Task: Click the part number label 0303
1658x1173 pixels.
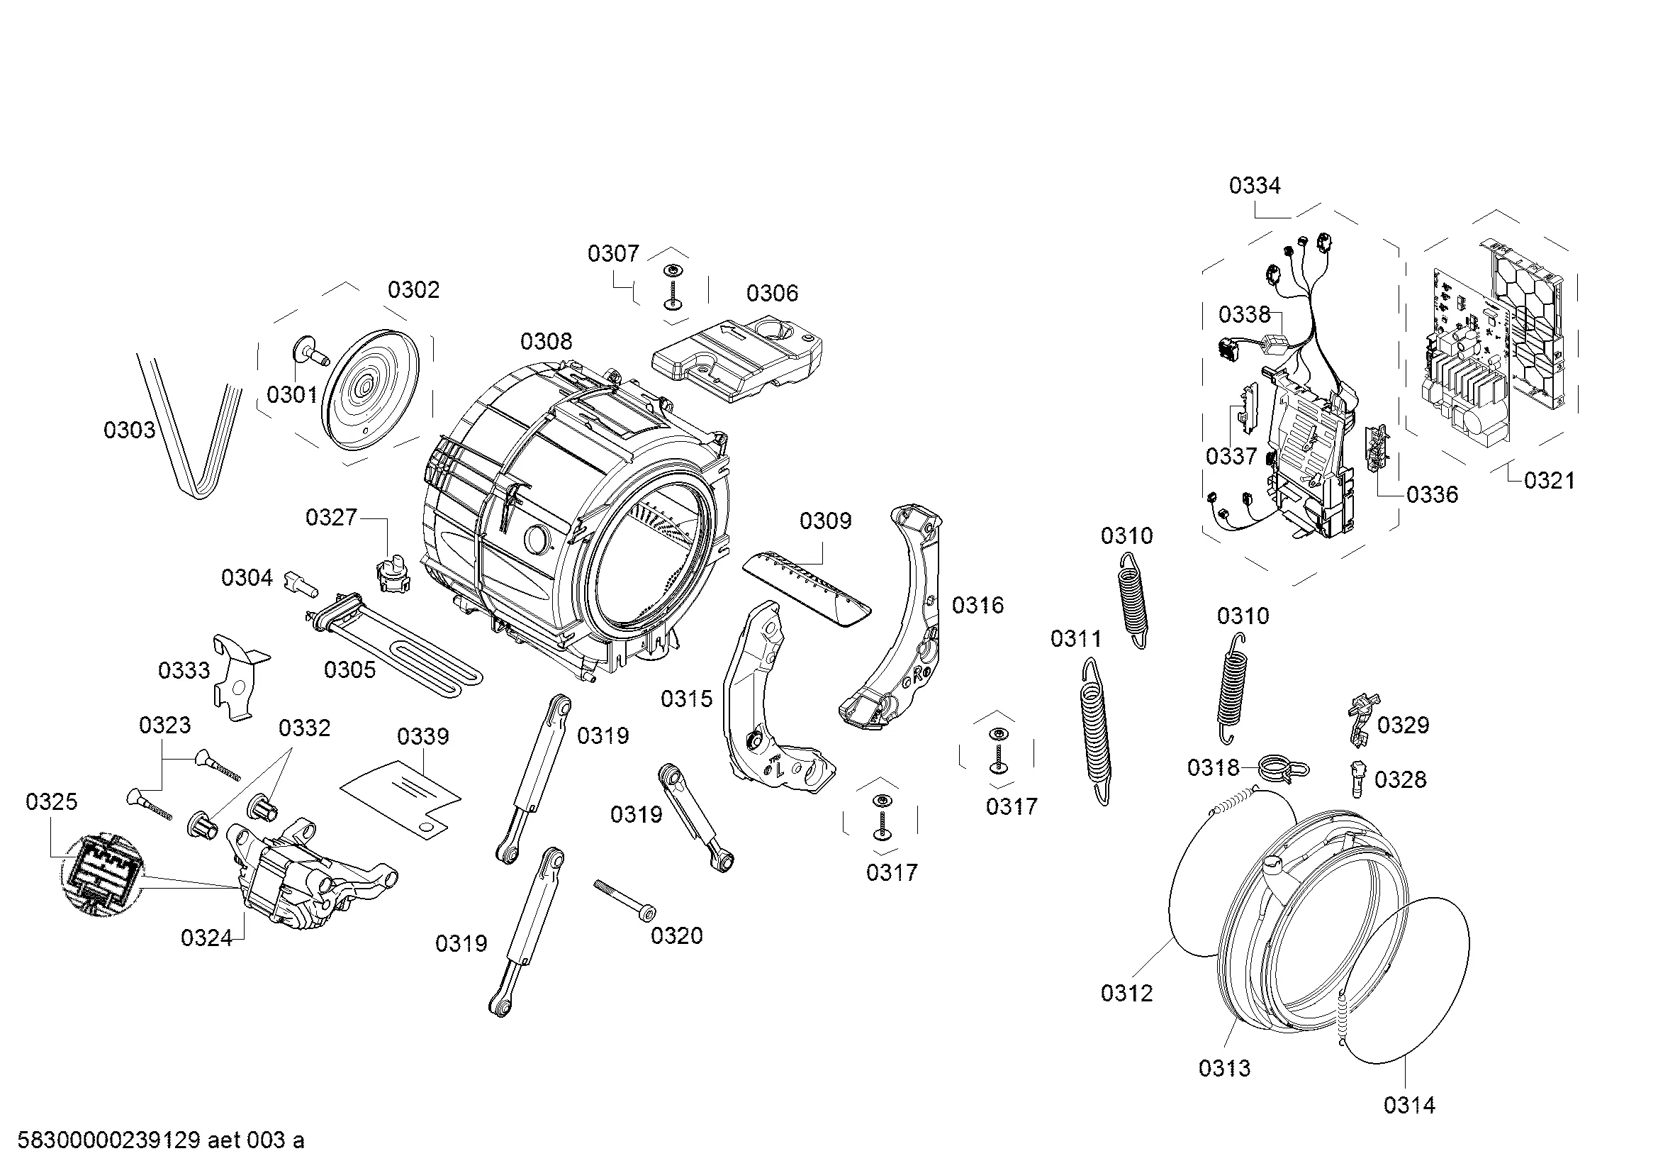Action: pos(129,430)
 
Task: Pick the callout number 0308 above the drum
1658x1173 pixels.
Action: pos(546,342)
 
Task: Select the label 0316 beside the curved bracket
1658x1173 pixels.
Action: pos(978,605)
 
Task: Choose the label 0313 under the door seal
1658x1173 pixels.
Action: pos(1225,1067)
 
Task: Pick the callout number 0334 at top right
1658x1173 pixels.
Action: pos(1255,187)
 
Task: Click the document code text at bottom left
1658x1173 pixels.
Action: pos(160,1140)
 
